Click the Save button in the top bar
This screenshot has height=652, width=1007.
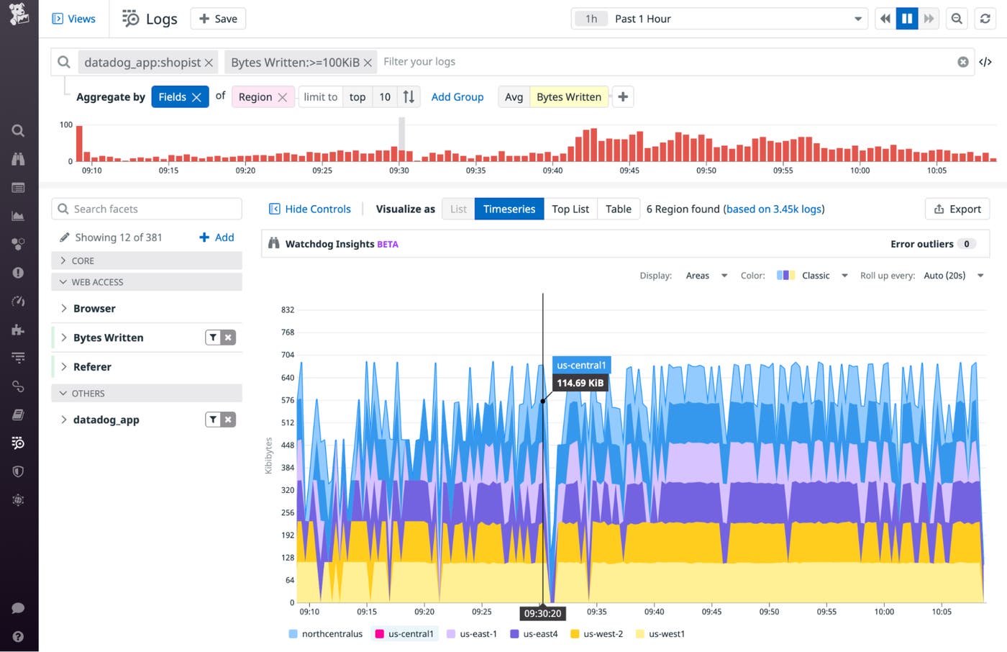(x=218, y=19)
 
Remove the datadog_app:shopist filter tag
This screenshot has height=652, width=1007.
(x=209, y=63)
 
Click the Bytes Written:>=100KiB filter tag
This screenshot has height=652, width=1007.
(x=295, y=63)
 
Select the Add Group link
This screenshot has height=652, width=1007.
(x=457, y=97)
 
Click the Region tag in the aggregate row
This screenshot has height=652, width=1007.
(x=255, y=97)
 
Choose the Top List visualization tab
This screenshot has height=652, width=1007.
(x=570, y=209)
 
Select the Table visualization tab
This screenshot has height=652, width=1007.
(x=618, y=209)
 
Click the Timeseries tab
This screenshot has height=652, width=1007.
(x=509, y=209)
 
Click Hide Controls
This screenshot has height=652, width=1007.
(x=310, y=209)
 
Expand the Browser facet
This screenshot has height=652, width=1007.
(x=94, y=308)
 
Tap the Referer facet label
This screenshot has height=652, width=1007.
(x=92, y=367)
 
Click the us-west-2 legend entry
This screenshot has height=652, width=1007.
(x=603, y=634)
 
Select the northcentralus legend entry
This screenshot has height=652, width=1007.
(x=332, y=634)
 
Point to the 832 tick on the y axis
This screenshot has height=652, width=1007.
(x=288, y=310)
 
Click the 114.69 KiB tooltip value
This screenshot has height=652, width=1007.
(x=580, y=383)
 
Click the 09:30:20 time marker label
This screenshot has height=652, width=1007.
(x=542, y=614)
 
